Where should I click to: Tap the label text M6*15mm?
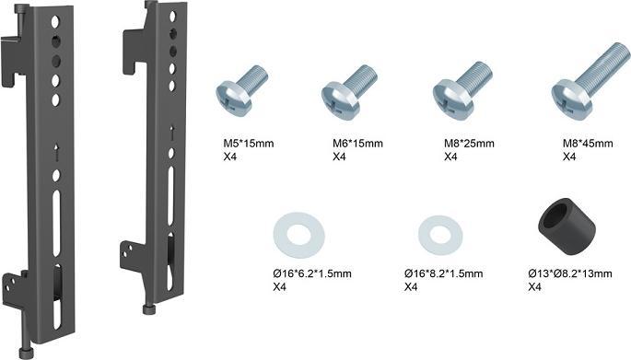coord(357,144)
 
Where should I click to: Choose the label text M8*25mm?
coord(470,144)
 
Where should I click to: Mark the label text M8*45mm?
coord(588,144)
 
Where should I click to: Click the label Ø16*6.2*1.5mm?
coord(312,273)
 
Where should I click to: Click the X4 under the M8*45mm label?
coord(569,157)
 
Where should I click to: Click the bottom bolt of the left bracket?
coord(33,351)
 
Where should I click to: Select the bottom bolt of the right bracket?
coord(146,307)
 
